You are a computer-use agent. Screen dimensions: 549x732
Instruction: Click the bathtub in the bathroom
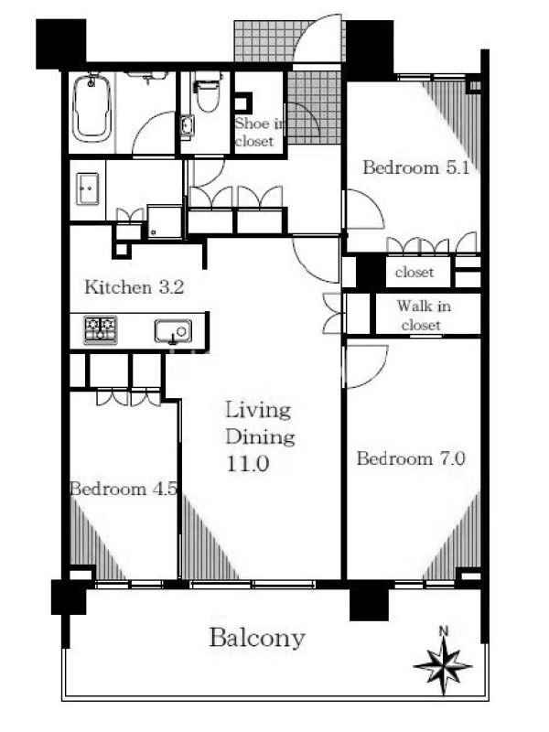[92, 107]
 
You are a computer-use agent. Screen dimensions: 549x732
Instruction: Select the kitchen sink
[173, 331]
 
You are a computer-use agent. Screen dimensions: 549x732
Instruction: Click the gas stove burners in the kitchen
[101, 329]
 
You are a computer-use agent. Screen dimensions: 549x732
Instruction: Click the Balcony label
[257, 638]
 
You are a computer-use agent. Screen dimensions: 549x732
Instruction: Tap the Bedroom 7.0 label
[411, 458]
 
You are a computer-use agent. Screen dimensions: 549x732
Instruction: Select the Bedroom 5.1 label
[416, 167]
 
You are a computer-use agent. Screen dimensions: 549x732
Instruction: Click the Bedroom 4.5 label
[124, 489]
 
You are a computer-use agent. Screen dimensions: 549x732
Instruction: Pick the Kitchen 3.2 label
[135, 287]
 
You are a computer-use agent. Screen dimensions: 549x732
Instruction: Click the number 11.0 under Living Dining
[247, 464]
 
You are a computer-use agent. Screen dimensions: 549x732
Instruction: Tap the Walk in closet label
[423, 316]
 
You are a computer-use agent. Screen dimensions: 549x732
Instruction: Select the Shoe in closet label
[259, 132]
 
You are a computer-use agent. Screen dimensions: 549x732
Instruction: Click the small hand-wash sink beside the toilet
[188, 125]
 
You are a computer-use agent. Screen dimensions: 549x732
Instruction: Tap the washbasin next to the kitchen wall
[87, 188]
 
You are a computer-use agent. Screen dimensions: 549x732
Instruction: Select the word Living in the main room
[258, 411]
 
